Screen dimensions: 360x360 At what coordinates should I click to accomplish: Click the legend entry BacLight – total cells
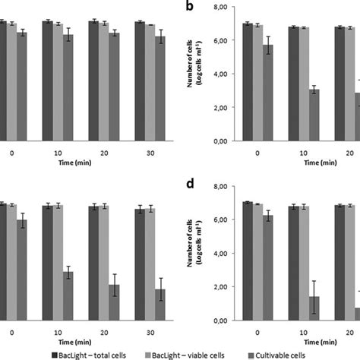coord(96,354)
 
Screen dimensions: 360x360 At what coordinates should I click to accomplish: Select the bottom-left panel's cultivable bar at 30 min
coord(160,304)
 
